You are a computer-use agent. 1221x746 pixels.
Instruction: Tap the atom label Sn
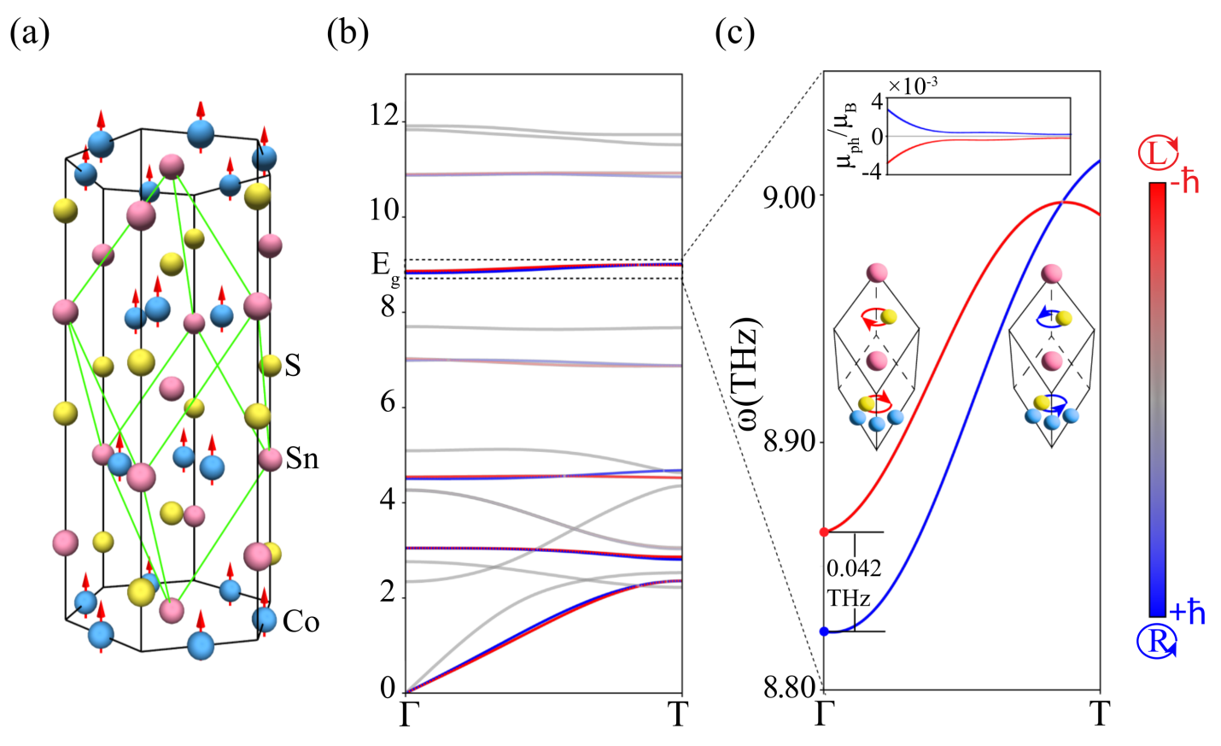pos(302,458)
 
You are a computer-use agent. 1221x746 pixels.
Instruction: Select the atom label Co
pos(301,621)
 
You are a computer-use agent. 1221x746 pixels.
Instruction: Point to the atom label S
pos(293,366)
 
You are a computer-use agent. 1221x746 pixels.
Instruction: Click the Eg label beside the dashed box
pos(385,268)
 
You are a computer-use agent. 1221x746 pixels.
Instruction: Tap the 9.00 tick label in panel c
pos(789,196)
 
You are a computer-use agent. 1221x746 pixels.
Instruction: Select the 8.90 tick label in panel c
pos(789,443)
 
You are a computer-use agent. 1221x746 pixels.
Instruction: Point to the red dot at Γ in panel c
pos(824,532)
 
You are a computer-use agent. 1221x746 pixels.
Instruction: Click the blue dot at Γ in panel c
pos(824,631)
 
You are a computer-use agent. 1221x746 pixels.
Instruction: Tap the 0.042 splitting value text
pos(854,568)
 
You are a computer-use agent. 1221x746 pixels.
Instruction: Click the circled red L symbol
pos(1159,152)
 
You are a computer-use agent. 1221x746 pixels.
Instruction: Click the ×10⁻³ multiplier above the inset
pos(913,85)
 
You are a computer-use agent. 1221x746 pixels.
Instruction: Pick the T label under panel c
pos(1100,714)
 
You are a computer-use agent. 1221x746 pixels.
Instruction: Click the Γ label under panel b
pos(406,714)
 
